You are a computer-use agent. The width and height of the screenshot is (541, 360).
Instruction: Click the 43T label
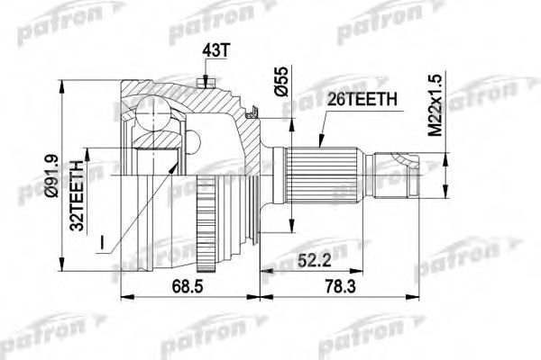[215, 51]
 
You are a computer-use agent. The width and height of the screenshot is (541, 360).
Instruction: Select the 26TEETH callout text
[362, 100]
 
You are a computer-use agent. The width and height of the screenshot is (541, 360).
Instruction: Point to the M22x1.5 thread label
[436, 105]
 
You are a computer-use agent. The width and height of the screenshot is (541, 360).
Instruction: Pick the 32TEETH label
[77, 195]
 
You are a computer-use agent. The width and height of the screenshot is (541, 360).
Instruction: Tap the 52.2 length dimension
[315, 261]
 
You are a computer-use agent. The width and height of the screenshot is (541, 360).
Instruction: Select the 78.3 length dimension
[340, 286]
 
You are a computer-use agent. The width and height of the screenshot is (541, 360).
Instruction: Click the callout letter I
[102, 242]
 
